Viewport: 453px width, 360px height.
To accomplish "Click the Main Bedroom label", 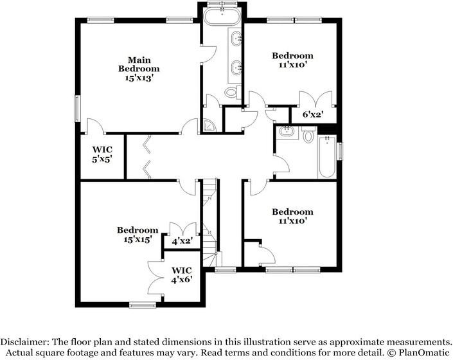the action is pyautogui.click(x=139, y=64).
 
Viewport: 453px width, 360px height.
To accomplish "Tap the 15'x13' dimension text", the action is pyautogui.click(x=139, y=78).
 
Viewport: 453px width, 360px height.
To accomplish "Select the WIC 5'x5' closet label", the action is pyautogui.click(x=102, y=154).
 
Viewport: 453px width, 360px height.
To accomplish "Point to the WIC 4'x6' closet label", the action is pyautogui.click(x=181, y=274).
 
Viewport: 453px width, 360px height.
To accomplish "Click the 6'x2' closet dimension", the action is pyautogui.click(x=312, y=114).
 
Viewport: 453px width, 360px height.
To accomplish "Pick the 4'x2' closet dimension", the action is pyautogui.click(x=182, y=240).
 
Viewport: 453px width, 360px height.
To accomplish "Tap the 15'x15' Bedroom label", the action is pyautogui.click(x=138, y=234).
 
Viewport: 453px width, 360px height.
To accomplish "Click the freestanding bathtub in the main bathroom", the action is pyautogui.click(x=222, y=17).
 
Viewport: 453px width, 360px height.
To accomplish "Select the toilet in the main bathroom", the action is pyautogui.click(x=233, y=91).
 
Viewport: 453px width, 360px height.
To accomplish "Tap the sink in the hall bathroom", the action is pyautogui.click(x=287, y=132).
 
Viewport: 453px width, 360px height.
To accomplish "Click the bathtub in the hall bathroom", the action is pyautogui.click(x=327, y=157).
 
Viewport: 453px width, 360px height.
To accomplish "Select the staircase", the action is pyautogui.click(x=209, y=222).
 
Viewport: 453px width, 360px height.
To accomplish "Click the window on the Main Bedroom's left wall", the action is pyautogui.click(x=77, y=109).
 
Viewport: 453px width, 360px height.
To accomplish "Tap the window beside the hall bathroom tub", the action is pyautogui.click(x=341, y=151).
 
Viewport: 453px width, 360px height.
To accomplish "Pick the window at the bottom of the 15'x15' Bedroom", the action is pyautogui.click(x=143, y=305).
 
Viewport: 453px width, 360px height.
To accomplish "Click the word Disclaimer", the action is pyautogui.click(x=25, y=342).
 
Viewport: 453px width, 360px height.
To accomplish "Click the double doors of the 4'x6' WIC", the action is pyautogui.click(x=155, y=278).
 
